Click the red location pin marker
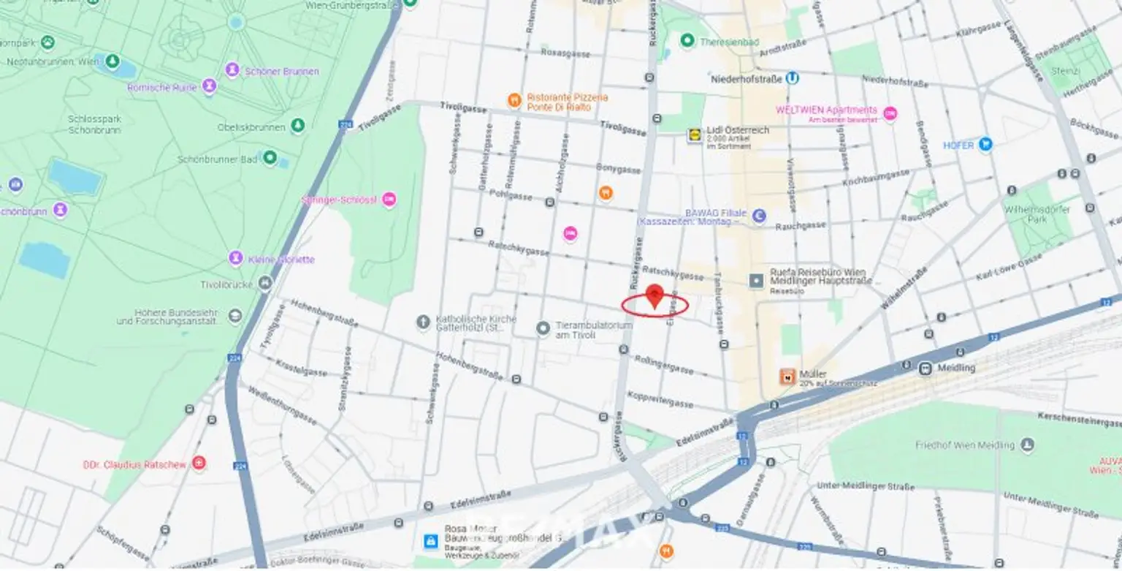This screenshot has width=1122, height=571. [654, 295]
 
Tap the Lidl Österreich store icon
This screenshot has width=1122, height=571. [693, 135]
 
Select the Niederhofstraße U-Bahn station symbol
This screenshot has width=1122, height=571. [793, 77]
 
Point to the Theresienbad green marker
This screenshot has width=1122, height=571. [687, 40]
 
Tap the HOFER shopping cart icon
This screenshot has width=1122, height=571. [985, 144]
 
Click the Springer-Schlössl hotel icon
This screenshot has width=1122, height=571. [389, 199]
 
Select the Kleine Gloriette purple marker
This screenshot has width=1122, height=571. [236, 258]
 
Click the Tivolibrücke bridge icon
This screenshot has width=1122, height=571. [265, 283]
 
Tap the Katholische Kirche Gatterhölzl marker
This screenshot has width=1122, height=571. [423, 322]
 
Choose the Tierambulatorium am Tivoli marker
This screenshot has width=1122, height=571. [543, 328]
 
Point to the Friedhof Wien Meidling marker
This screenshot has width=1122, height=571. [1028, 445]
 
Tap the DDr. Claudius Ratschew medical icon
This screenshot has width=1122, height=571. [199, 463]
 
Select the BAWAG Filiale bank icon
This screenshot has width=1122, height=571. [760, 216]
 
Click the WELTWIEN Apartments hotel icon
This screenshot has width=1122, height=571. [890, 113]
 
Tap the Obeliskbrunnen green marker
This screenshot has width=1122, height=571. [297, 126]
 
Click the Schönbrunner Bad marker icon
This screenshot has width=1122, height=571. [270, 157]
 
